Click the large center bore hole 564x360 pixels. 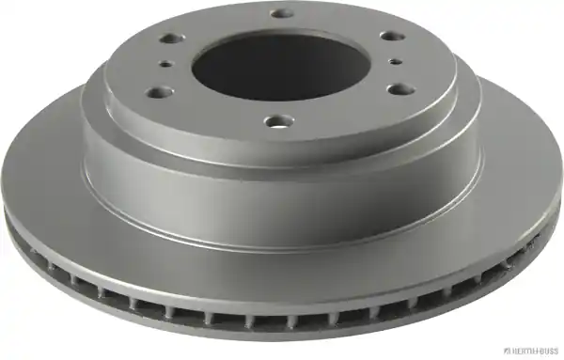click(277, 68)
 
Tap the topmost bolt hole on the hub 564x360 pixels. click(282, 14)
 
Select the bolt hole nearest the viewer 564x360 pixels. click(278, 121)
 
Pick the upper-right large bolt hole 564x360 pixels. click(393, 36)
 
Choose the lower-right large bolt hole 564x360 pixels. click(401, 89)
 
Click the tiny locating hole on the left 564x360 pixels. click(166, 64)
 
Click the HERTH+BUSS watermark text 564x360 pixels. click(535, 352)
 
